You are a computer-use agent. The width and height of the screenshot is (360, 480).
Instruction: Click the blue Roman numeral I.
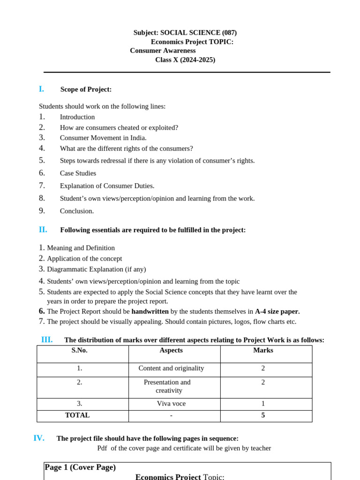(41, 89)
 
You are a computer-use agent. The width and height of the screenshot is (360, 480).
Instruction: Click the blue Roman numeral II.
(43, 230)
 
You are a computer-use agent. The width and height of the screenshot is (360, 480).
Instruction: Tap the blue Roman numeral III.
(47, 340)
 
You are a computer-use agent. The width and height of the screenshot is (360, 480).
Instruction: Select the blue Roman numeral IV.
(39, 438)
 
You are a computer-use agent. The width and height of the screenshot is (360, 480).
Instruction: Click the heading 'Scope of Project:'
(86, 90)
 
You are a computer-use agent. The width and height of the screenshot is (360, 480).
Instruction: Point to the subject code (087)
(229, 33)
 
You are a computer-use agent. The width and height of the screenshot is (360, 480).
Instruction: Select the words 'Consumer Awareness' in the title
(163, 51)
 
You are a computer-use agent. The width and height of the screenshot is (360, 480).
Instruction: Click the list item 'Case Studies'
(78, 173)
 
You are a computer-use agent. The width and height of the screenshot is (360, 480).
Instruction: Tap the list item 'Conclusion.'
(77, 211)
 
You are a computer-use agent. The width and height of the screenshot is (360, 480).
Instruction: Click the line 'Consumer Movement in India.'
(103, 138)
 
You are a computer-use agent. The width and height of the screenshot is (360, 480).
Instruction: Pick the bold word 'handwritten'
(150, 311)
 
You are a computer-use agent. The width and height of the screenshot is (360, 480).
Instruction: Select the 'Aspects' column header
(171, 350)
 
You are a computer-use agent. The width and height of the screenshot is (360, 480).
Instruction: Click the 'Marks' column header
(263, 350)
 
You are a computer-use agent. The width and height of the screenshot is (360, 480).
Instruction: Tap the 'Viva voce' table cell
(171, 404)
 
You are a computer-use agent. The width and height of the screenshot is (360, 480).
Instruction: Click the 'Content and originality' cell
(171, 368)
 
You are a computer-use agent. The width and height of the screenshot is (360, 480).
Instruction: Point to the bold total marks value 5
(263, 415)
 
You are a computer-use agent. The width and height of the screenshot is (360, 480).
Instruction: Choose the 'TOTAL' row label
(77, 415)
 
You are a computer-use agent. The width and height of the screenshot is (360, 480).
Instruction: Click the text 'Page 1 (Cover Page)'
(80, 467)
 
